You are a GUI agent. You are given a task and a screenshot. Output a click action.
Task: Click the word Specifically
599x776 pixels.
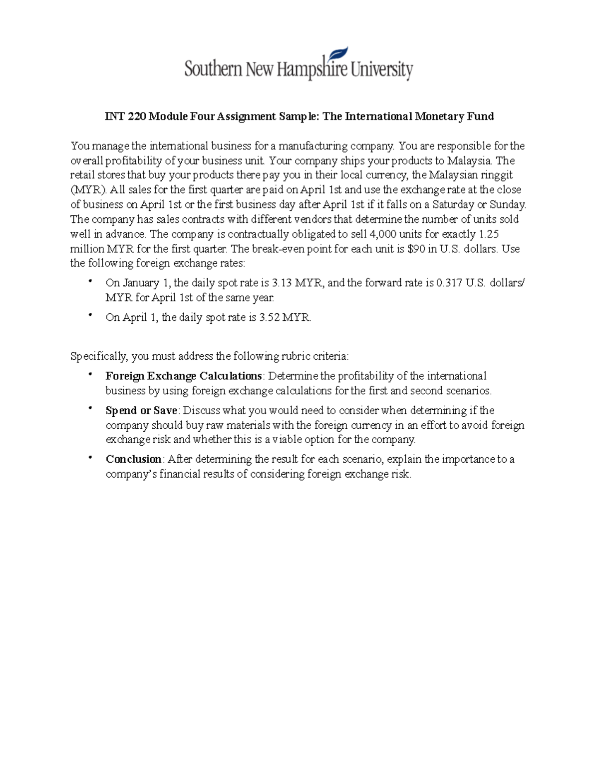tap(98, 356)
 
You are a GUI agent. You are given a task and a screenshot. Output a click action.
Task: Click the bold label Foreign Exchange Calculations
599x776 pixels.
tap(183, 376)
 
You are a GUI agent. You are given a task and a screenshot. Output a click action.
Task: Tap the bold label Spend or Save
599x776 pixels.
tap(141, 411)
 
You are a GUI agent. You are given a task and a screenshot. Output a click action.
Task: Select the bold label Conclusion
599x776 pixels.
tap(133, 459)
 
